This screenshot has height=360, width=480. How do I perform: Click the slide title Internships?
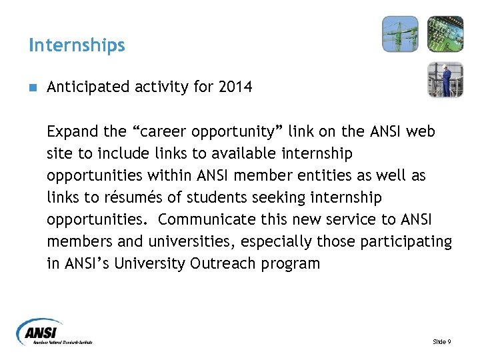coord(77,45)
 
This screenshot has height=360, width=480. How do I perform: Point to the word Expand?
coord(70,132)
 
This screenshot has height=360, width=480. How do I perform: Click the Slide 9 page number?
coord(441,342)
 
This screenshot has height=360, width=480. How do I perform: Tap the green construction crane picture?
coord(400,33)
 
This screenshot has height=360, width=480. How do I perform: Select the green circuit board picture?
coord(445,33)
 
